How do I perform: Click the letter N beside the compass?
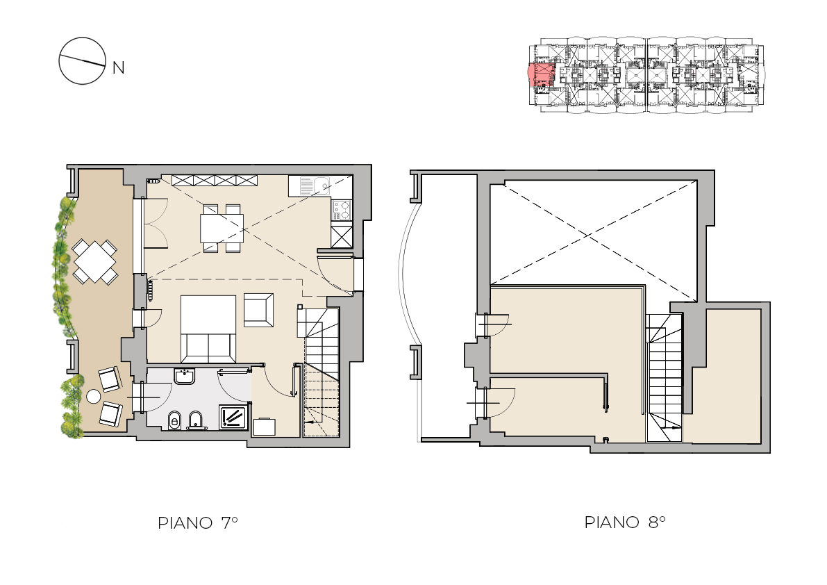click(118, 68)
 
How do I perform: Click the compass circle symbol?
click(82, 60)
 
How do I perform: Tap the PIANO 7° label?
click(198, 522)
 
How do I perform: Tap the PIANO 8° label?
click(625, 522)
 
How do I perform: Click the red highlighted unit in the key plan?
click(540, 74)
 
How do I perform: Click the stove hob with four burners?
click(341, 210)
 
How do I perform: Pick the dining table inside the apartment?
click(222, 228)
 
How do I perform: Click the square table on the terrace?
click(95, 261)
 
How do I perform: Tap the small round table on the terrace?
click(93, 396)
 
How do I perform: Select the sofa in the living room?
click(208, 328)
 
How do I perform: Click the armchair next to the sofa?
click(258, 310)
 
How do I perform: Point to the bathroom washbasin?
click(184, 377)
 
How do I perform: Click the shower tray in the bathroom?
click(233, 418)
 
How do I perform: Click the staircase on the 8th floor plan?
click(665, 378)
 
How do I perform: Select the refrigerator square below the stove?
click(341, 236)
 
